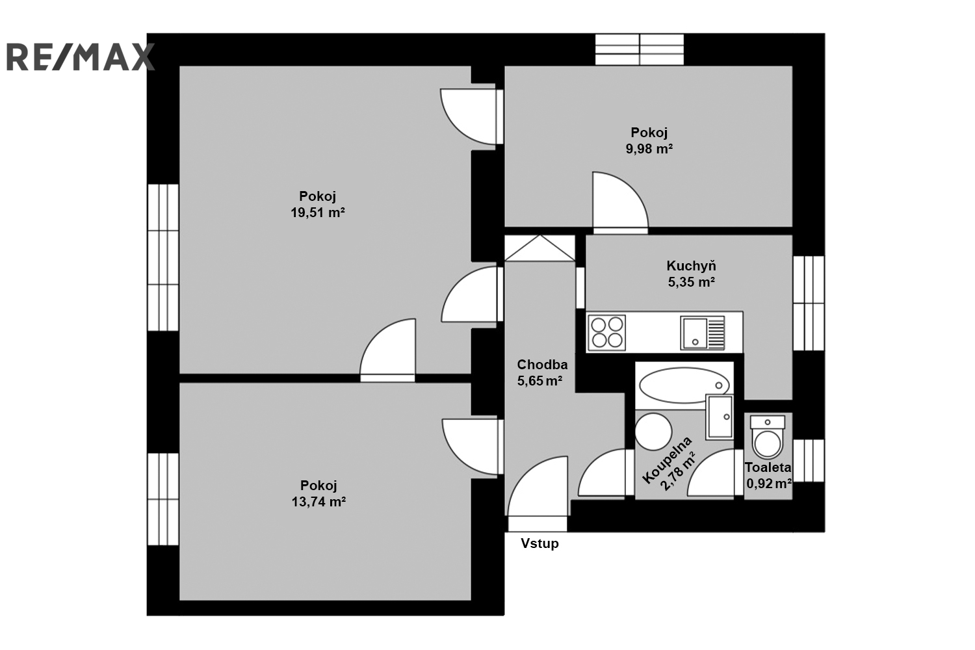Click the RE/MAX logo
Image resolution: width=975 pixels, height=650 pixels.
81,57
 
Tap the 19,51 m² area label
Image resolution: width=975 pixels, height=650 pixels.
318,213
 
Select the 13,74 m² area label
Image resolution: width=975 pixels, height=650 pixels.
318,502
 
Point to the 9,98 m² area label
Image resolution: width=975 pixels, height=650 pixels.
649,149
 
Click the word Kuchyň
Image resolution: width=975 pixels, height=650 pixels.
691,266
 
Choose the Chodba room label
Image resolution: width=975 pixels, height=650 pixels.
542,365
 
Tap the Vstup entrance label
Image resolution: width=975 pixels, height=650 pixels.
539,543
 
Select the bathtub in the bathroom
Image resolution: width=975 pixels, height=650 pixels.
684,385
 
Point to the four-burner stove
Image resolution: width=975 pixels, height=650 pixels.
606,333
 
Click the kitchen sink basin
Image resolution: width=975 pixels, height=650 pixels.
694,333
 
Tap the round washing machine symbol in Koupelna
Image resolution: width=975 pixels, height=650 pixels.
653,432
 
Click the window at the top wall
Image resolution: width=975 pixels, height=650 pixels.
640,49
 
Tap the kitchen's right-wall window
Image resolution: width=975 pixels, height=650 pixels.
809,303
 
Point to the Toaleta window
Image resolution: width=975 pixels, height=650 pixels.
809,461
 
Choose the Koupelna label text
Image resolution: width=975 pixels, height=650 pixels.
668,460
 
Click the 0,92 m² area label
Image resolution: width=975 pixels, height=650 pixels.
769,484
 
